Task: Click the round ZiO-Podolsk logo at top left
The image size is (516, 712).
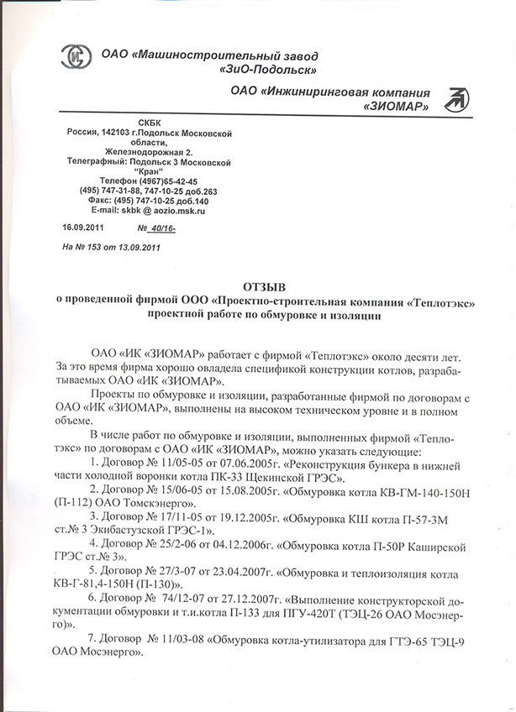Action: coord(79,59)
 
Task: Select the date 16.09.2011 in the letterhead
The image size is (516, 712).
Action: coord(82,228)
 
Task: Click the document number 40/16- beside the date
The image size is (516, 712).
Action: coord(161,228)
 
